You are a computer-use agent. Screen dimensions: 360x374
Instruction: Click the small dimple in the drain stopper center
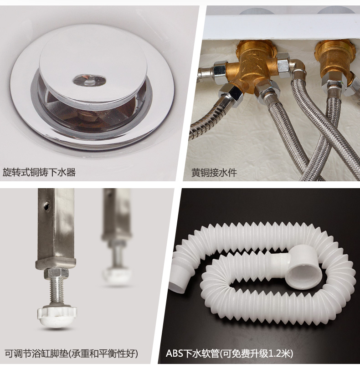coord(89,80)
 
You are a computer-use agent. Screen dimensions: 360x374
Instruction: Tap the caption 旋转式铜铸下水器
coord(39,172)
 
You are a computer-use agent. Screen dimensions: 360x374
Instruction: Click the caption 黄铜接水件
coord(214,173)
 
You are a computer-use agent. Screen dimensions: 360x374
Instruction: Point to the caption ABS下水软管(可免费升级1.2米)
coord(229,353)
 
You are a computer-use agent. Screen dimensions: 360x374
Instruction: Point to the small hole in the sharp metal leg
coord(47,205)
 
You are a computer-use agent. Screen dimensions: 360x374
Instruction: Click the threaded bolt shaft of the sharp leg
coord(57,292)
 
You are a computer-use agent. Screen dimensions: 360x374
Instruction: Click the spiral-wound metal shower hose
coord(206,120)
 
